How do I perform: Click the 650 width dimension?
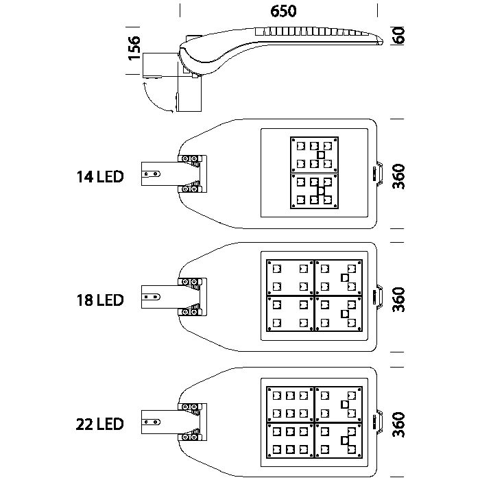(283, 12)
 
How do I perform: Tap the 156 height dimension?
(134, 50)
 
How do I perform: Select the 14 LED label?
(100, 177)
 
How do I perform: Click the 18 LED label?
(100, 300)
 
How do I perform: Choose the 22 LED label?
(100, 424)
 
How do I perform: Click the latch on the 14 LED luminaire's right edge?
(379, 173)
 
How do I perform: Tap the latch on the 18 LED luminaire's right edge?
(379, 296)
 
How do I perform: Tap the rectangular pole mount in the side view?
(159, 67)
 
